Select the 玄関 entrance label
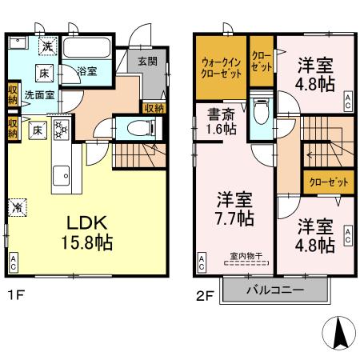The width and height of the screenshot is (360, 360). click(x=146, y=60)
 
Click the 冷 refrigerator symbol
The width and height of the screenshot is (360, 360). click(x=17, y=206)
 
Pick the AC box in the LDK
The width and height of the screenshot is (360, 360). click(x=14, y=261)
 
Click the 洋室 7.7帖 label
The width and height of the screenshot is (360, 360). click(x=234, y=206)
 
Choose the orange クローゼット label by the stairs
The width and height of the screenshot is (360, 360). click(x=329, y=182)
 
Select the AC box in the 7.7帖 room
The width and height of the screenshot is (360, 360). click(x=202, y=261)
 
